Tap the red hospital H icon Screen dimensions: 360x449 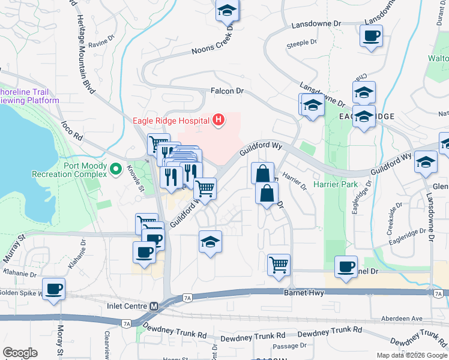[218, 120]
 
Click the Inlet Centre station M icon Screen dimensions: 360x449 [154, 306]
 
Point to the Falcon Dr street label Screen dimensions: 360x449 [226, 91]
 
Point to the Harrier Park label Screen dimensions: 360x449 [334, 184]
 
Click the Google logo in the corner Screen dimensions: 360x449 [20, 353]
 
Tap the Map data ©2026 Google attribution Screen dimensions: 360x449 [411, 355]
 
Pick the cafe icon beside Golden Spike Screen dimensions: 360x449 [54, 289]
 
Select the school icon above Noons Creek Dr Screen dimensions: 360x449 [227, 11]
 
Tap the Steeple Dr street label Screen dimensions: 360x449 [302, 43]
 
